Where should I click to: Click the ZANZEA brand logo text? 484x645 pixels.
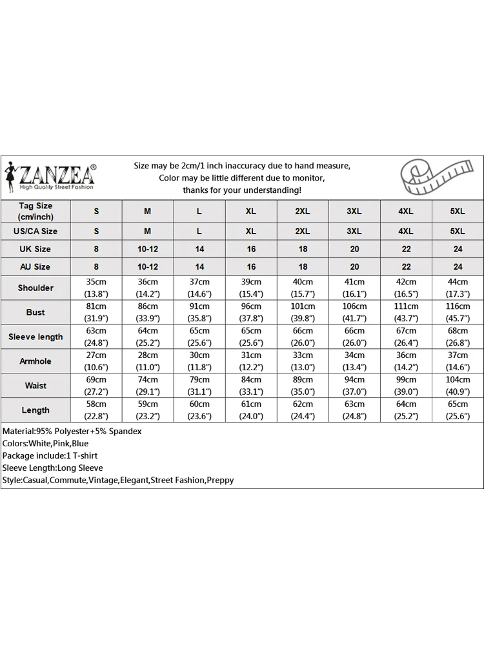57,175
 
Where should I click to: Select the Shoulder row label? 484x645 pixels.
35,288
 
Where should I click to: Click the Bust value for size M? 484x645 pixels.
148,312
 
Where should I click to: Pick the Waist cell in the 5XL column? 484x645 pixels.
458,386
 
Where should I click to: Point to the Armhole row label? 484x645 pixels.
35,361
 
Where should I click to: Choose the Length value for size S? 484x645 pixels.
96,410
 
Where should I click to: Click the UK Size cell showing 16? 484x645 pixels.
251,249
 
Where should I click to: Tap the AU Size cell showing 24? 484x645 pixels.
458,266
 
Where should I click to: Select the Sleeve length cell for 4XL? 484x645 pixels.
406,337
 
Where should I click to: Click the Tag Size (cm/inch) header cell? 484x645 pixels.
35,211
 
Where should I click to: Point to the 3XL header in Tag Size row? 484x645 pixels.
354,212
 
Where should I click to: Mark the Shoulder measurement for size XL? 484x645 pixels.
251,288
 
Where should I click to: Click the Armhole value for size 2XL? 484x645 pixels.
303,361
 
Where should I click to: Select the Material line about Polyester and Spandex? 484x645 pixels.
72,431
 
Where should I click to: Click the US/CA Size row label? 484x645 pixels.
35,231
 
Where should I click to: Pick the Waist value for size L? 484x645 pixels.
199,386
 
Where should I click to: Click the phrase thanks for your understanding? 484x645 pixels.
242,190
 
